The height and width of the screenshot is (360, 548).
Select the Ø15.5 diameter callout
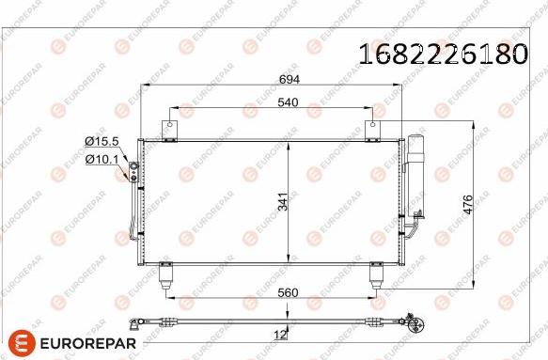tap(101, 141)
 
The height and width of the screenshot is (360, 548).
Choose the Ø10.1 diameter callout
tap(101, 159)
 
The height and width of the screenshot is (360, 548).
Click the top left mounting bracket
tap(169, 131)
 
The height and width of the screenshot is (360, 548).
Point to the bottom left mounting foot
tap(167, 274)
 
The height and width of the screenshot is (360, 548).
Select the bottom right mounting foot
tap(377, 274)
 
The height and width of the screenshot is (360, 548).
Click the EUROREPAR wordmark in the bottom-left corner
tap(86, 343)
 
